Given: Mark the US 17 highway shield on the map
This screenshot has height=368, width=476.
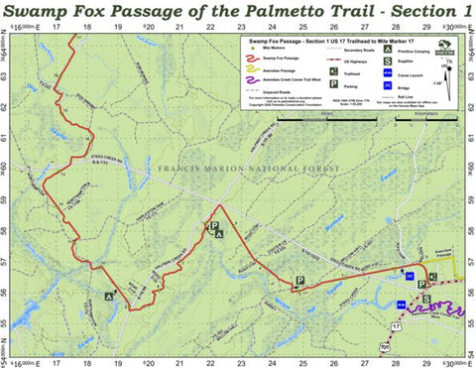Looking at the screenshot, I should [398, 325].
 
